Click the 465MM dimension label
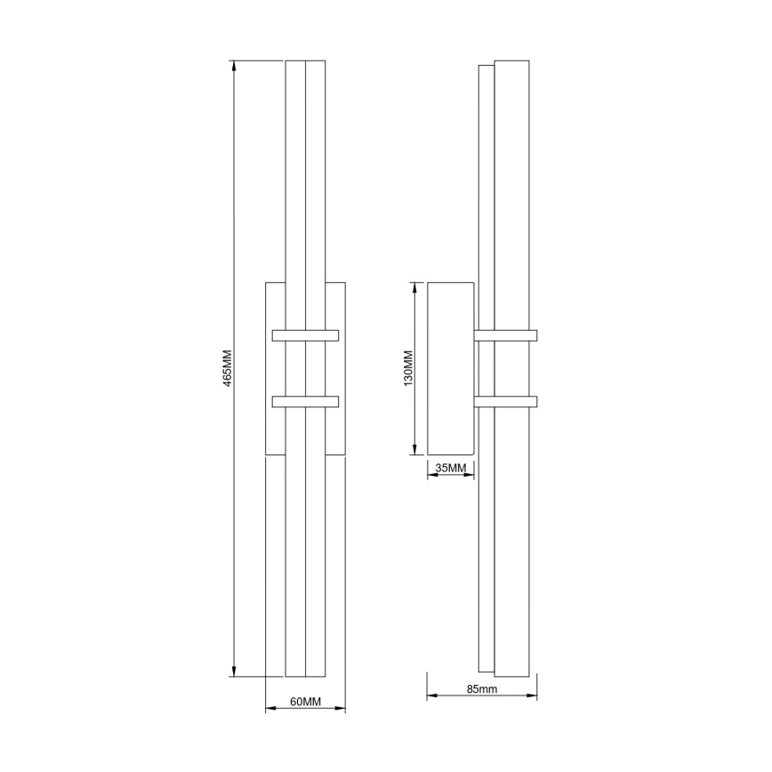(x=227, y=367)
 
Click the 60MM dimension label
(x=305, y=702)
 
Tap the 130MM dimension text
(x=408, y=367)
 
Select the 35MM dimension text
(x=450, y=468)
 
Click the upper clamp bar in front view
(x=305, y=335)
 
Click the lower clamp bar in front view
(x=305, y=401)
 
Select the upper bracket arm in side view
(x=506, y=335)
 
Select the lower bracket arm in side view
(x=506, y=401)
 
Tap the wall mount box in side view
(x=450, y=368)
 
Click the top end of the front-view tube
(x=305, y=62)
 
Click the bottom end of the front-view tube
(x=305, y=673)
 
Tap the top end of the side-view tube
(x=512, y=62)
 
